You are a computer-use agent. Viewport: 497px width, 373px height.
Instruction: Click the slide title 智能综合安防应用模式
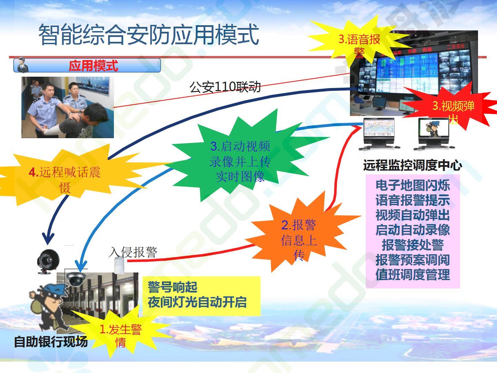click(x=149, y=35)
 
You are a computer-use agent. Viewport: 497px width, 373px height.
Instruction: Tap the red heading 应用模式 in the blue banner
click(x=93, y=66)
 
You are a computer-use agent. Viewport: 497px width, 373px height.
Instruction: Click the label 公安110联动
click(x=225, y=87)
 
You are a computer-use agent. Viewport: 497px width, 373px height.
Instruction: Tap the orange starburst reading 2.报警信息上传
click(x=299, y=236)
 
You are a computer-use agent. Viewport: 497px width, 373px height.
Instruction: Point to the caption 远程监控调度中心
click(x=412, y=165)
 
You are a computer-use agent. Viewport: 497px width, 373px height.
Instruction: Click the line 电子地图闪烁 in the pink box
click(x=412, y=185)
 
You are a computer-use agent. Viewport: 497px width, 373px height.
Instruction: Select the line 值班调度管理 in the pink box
click(x=412, y=275)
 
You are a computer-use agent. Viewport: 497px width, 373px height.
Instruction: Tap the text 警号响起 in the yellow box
click(x=173, y=287)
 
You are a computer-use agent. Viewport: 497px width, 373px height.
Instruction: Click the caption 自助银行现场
click(x=51, y=342)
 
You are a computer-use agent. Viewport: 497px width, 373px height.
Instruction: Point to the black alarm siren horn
click(x=48, y=261)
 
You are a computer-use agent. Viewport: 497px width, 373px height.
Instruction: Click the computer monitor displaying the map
click(x=380, y=134)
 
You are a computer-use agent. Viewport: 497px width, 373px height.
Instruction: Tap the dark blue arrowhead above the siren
click(x=48, y=238)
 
